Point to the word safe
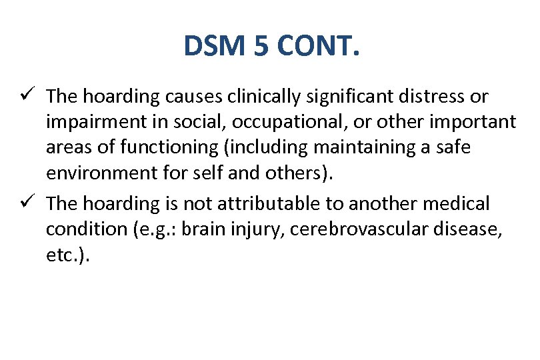coord(453,147)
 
